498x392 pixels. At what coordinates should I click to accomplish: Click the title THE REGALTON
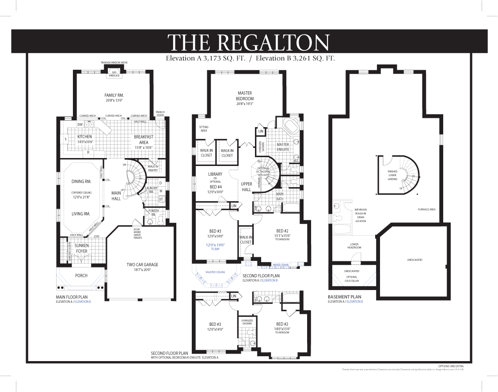pos(248,42)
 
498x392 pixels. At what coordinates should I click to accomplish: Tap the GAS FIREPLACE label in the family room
pos(114,74)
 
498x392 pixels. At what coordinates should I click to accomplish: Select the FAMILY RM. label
pos(114,95)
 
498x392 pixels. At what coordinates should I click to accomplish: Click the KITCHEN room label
pos(84,137)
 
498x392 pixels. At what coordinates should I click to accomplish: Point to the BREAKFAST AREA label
pos(144,139)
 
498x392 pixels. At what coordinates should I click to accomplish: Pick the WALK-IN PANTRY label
pos(153,168)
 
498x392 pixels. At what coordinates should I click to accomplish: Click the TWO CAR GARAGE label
pos(142,265)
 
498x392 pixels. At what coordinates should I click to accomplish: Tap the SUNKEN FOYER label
pos(81,248)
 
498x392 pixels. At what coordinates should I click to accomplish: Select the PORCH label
pos(81,275)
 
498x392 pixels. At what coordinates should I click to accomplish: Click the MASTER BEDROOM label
pos(244,95)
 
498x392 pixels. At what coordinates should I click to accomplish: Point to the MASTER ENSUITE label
pos(283,147)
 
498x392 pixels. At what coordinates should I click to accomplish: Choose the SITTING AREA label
pos(203,128)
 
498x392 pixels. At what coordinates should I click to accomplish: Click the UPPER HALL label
pos(246,186)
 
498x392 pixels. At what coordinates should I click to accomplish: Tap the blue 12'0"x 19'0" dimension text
pos(216,245)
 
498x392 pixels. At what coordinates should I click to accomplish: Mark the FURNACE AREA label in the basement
pos(426,209)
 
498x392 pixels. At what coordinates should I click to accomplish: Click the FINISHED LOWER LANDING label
pos(392,175)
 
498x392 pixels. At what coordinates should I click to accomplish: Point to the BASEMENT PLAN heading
pos(344,297)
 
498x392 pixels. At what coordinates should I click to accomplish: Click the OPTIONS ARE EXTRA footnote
pos(451,366)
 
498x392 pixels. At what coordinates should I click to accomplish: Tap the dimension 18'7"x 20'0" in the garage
pos(142,270)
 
